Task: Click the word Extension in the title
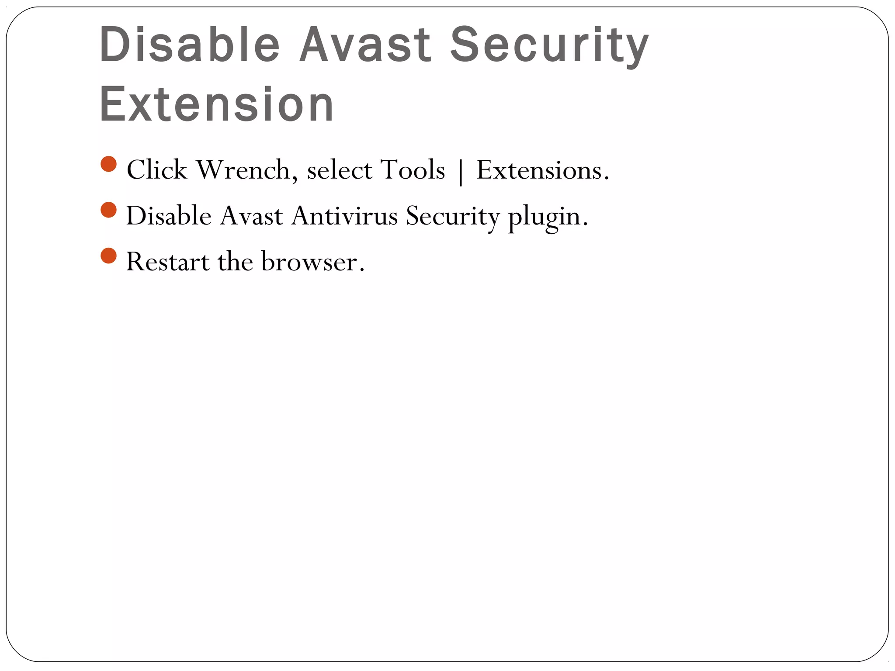[x=217, y=105]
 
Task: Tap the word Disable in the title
[x=190, y=45]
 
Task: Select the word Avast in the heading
[x=365, y=45]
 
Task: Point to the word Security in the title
[x=549, y=45]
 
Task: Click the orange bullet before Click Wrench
[x=108, y=164]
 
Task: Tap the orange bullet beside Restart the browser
[x=108, y=256]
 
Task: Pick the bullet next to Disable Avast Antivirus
[x=108, y=210]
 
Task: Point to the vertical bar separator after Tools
[x=461, y=171]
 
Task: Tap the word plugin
[x=548, y=217]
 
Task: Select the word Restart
[x=168, y=262]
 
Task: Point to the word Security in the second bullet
[x=452, y=216]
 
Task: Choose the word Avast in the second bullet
[x=251, y=216]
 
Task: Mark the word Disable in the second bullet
[x=169, y=216]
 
